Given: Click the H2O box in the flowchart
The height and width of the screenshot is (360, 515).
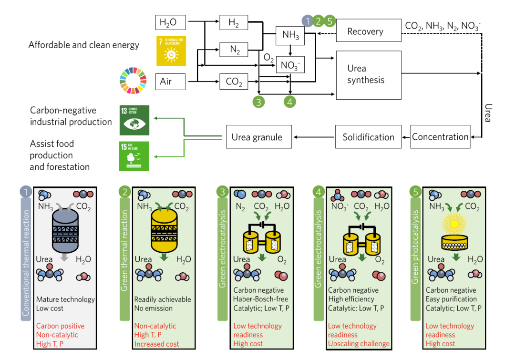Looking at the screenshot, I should click(x=170, y=22).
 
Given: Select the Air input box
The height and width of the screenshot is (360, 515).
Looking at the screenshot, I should click(x=170, y=82).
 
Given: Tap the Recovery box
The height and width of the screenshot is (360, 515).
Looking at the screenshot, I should click(x=369, y=31).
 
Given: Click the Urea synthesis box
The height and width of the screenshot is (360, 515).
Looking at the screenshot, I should click(x=369, y=74).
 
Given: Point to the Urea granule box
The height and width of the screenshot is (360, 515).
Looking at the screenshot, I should click(x=257, y=137).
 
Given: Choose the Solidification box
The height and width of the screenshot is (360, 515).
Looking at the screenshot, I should click(x=368, y=137).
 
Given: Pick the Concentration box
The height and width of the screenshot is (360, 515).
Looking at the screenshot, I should click(x=440, y=137).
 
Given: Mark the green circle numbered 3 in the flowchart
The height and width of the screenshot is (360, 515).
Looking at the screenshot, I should click(x=258, y=101).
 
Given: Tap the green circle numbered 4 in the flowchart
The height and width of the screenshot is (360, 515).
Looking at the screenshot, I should click(x=290, y=101).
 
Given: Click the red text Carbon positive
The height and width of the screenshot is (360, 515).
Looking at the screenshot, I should click(x=60, y=326).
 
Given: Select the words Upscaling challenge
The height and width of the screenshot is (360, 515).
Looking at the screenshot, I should click(x=359, y=343).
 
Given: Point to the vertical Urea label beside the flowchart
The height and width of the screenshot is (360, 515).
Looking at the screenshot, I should click(x=488, y=113).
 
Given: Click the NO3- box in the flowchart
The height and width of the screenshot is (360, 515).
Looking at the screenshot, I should click(x=290, y=65).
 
